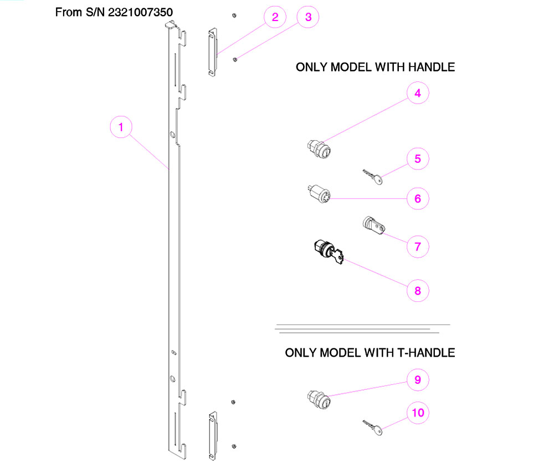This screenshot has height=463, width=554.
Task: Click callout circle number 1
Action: [121, 127]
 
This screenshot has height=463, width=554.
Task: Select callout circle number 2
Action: [275, 17]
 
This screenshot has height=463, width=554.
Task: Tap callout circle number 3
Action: [308, 17]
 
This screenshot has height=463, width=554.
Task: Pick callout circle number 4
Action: [418, 94]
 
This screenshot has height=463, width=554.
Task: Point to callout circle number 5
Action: [418, 159]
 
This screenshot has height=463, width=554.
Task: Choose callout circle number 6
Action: [418, 198]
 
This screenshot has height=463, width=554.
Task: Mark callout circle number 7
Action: [418, 246]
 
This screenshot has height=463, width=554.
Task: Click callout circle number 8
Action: [418, 290]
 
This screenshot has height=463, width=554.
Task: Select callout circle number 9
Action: [418, 380]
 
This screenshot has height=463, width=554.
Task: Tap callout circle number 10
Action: [418, 413]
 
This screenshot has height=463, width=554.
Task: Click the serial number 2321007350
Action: [148, 12]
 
